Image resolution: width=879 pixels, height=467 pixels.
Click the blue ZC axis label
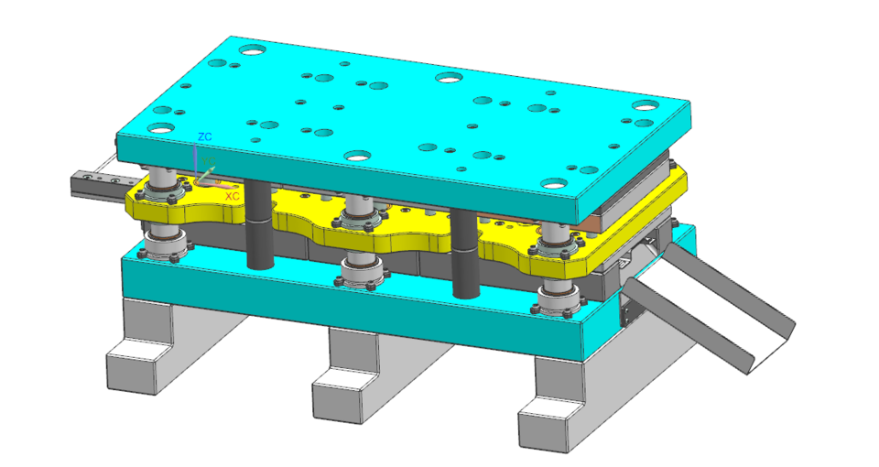[x=204, y=136]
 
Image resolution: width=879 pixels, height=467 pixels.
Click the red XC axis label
[x=233, y=196]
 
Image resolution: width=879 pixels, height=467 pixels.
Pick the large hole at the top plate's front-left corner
[x=160, y=129]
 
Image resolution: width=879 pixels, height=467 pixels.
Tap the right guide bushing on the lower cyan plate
[x=558, y=298]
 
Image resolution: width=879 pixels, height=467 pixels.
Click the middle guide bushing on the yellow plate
[x=359, y=217]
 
